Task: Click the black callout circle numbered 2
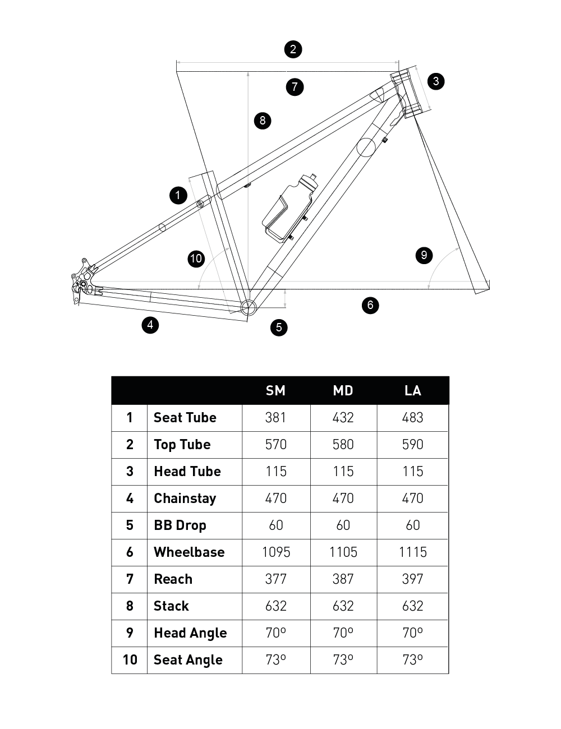point(293,49)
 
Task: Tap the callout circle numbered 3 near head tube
point(436,81)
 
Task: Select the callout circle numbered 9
point(424,255)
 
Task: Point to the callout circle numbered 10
point(196,259)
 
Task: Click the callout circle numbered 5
point(279,327)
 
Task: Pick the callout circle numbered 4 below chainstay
point(150,325)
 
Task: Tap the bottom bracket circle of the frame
point(248,307)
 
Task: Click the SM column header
point(275,390)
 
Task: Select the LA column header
point(413,390)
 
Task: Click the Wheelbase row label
point(189,552)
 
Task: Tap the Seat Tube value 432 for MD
point(343,418)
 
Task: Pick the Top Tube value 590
point(413,445)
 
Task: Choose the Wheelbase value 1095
point(276,552)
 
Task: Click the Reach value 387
point(343,579)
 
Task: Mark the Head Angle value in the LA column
point(413,633)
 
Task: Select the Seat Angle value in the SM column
point(276,660)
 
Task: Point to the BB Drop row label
point(180,525)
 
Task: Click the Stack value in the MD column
point(343,606)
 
